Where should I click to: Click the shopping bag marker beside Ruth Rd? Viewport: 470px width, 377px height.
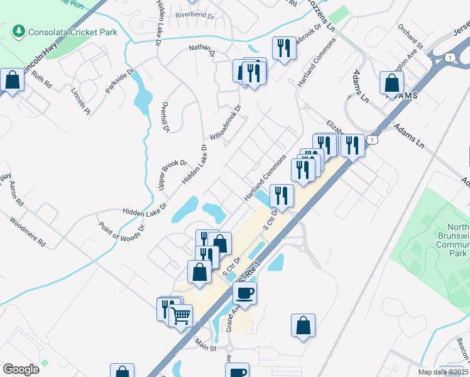[13, 80]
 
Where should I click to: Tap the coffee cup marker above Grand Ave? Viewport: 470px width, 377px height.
[244, 292]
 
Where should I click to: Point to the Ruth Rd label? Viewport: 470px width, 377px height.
[40, 80]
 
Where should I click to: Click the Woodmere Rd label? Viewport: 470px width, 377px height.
[28, 232]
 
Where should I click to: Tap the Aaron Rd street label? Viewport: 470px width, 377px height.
[16, 195]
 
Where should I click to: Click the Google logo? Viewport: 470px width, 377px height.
[21, 369]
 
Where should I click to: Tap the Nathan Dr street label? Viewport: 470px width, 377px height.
[202, 49]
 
